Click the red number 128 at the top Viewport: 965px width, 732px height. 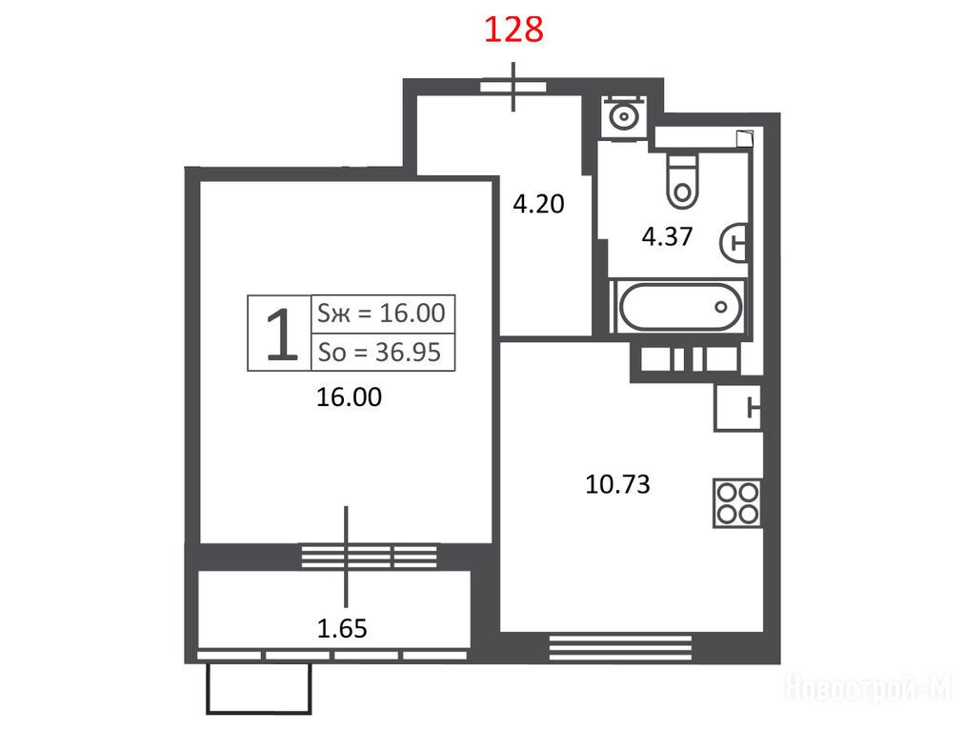(x=513, y=30)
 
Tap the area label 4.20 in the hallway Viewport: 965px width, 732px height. (x=538, y=204)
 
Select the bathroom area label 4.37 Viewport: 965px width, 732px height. (x=667, y=236)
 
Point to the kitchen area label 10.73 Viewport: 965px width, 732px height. (x=617, y=484)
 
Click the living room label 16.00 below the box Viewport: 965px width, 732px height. (x=349, y=397)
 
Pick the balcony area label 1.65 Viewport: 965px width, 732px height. (x=342, y=628)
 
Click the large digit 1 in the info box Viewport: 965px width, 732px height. (x=281, y=335)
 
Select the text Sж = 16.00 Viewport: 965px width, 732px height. (x=381, y=314)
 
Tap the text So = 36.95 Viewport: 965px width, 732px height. (x=380, y=352)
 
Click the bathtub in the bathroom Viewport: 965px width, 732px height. (x=680, y=306)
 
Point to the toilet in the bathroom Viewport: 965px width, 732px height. (x=682, y=181)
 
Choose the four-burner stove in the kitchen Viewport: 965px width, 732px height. (x=738, y=503)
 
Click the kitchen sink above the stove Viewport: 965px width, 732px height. (x=738, y=408)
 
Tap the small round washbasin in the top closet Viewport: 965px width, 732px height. (x=623, y=115)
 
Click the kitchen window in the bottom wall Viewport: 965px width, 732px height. (x=620, y=648)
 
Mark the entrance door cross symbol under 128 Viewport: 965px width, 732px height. (x=513, y=87)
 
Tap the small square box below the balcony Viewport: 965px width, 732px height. (x=259, y=687)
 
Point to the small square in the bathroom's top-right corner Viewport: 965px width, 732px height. (x=745, y=139)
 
